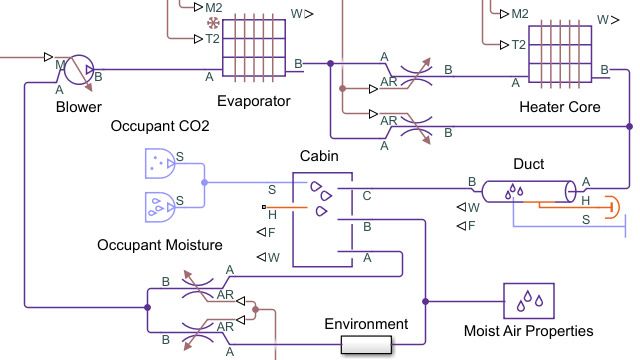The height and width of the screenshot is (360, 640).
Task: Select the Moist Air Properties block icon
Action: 528,297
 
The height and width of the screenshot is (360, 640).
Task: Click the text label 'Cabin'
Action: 319,156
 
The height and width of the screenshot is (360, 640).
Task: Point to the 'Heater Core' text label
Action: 560,105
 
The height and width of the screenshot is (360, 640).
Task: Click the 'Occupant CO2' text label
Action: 160,126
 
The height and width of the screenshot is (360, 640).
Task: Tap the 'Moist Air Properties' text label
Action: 528,331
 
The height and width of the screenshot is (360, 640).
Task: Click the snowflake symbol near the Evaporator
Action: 212,22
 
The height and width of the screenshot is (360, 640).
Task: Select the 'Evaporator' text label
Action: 254,101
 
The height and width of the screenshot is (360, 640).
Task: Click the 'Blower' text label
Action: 79,106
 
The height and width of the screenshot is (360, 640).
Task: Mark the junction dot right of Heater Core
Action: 628,127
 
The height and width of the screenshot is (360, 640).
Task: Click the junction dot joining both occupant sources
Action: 204,183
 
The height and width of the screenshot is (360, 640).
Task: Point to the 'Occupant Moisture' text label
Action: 160,244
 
